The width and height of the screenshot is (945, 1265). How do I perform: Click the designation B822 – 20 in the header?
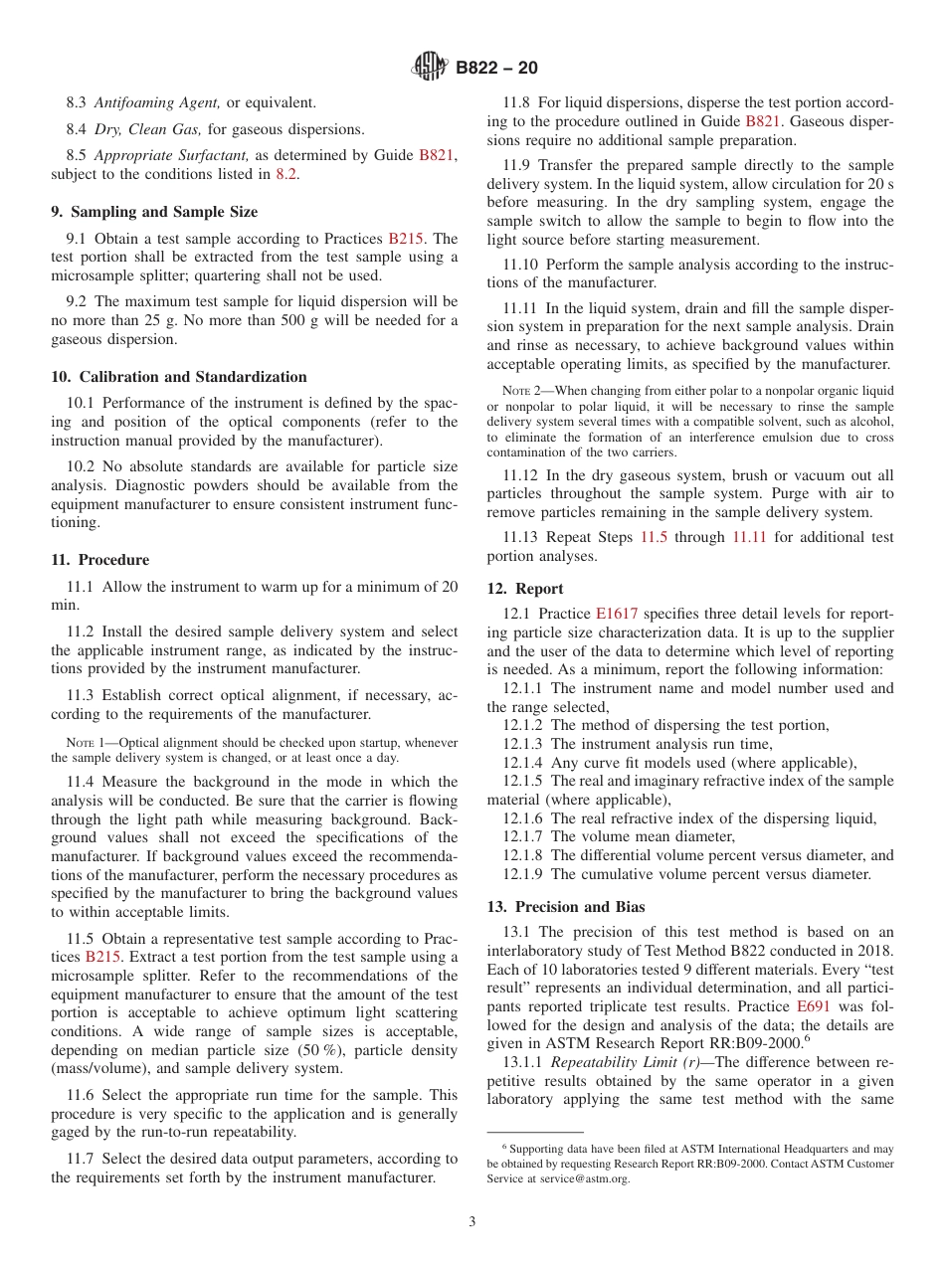(x=496, y=69)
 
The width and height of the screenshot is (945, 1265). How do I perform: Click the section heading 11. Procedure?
(x=100, y=560)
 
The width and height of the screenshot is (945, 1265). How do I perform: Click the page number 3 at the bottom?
(x=472, y=1221)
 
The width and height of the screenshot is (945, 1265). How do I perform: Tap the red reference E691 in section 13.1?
(x=814, y=1005)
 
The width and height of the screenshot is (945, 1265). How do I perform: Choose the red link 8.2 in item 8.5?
(x=285, y=174)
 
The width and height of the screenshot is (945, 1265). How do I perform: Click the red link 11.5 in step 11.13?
(x=653, y=537)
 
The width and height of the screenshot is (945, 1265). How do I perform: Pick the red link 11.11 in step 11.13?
(x=751, y=537)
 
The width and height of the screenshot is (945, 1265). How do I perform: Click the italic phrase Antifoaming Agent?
(x=158, y=102)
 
